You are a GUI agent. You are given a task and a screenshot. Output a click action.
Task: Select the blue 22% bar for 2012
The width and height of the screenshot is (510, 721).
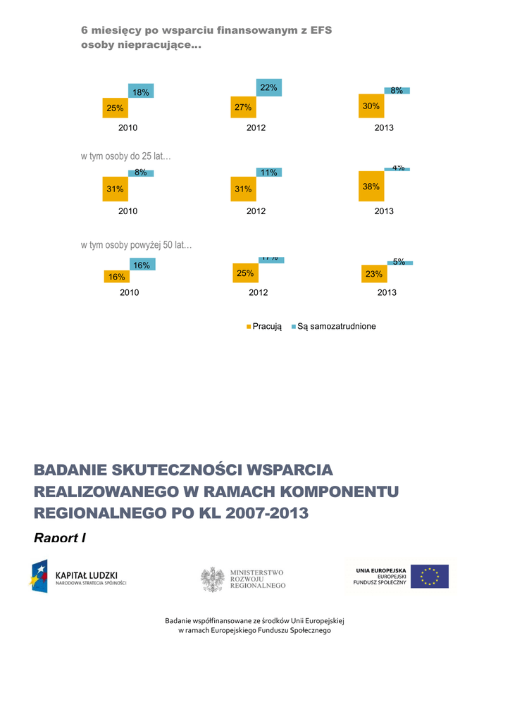[268, 87]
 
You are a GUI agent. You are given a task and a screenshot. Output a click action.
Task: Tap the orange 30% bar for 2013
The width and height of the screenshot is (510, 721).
[371, 106]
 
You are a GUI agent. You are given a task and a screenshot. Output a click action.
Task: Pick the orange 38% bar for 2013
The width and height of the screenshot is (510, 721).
[371, 187]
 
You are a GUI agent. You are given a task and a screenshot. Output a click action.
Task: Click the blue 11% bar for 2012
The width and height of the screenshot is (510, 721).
[268, 173]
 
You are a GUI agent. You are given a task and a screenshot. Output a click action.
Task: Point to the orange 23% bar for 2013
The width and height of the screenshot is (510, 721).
[374, 274]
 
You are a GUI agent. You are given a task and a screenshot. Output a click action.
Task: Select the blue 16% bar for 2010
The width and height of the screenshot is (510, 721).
[142, 265]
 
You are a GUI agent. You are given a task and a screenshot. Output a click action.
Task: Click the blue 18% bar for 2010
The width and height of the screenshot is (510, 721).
[141, 91]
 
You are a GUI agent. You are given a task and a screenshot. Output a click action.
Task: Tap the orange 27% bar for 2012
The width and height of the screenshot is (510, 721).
[243, 107]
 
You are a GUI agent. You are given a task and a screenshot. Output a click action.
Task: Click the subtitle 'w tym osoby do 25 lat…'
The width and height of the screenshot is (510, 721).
[126, 156]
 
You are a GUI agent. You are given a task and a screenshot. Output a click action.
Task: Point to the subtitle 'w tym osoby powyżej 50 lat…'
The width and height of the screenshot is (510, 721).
[137, 245]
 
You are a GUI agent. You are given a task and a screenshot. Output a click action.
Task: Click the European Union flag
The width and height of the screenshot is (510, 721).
[430, 577]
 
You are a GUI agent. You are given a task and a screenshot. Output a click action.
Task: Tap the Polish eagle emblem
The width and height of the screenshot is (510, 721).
[212, 579]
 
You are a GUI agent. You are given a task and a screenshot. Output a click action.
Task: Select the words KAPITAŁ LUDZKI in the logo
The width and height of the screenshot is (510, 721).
[87, 574]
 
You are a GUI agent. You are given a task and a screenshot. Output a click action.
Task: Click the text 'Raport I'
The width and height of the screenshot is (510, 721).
[60, 538]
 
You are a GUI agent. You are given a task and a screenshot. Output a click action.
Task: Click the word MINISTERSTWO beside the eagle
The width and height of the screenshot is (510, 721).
[257, 572]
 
